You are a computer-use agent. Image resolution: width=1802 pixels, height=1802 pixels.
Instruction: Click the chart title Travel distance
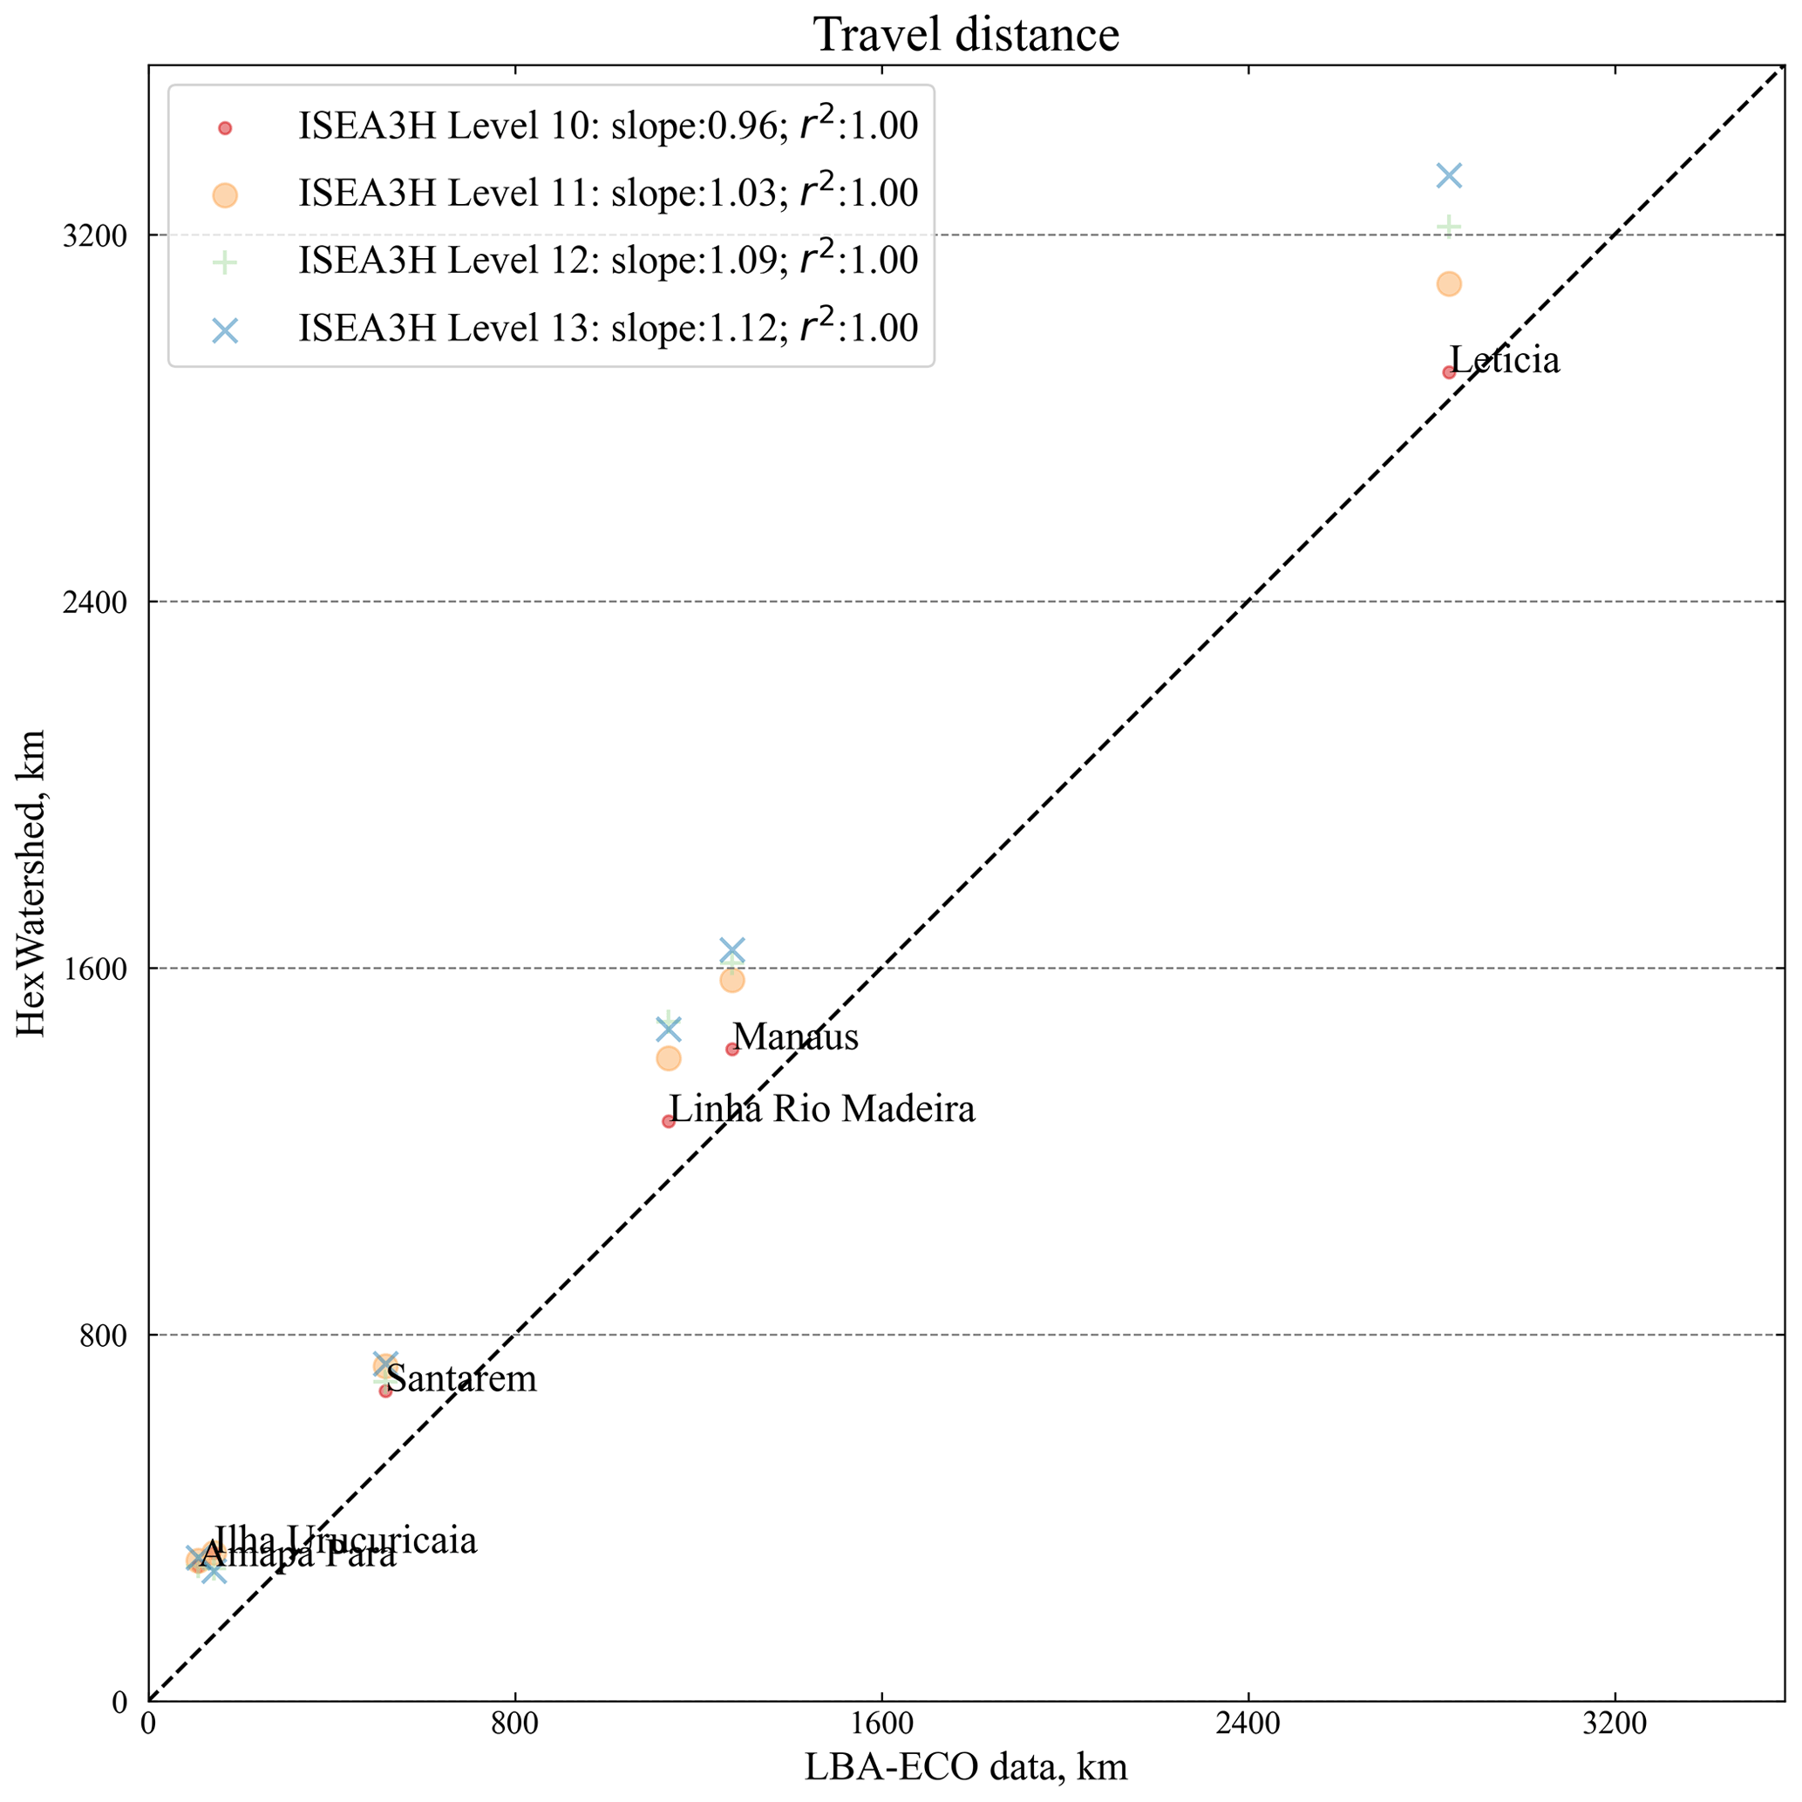pos(965,36)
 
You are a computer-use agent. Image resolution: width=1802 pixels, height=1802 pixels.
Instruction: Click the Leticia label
pos(1505,361)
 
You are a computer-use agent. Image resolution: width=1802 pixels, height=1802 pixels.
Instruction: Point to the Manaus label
pos(795,1037)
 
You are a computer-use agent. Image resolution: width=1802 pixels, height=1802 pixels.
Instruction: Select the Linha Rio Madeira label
pos(823,1110)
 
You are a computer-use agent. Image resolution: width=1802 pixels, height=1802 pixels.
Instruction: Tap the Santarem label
pos(462,1379)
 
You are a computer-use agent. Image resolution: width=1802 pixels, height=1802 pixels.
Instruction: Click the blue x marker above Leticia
pos(1449,175)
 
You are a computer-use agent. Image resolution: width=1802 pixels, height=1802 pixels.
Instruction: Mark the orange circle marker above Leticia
pos(1449,284)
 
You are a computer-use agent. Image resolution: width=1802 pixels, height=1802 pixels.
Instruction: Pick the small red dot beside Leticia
pos(1449,372)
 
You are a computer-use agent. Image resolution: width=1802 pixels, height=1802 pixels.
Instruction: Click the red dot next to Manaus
pos(732,1050)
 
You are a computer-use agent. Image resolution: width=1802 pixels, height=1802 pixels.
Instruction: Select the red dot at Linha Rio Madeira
pos(669,1121)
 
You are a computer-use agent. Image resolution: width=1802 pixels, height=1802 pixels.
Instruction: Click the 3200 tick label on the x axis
pos(1615,1724)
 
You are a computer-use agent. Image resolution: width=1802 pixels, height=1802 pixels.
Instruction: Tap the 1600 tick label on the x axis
pos(881,1724)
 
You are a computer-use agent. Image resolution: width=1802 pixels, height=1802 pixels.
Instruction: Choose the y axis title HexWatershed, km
pos(31,882)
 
